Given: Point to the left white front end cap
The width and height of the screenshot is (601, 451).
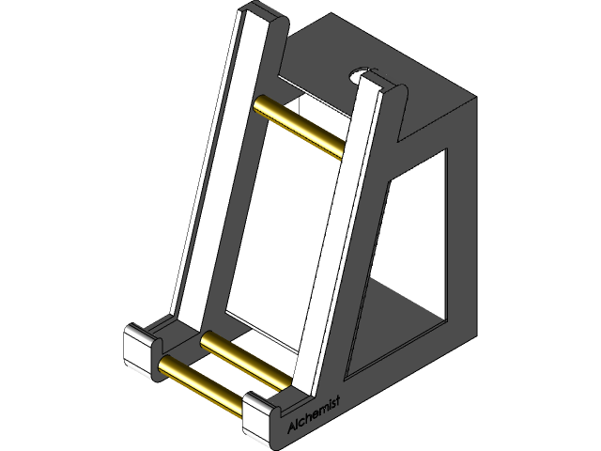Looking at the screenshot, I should click(x=144, y=351).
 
